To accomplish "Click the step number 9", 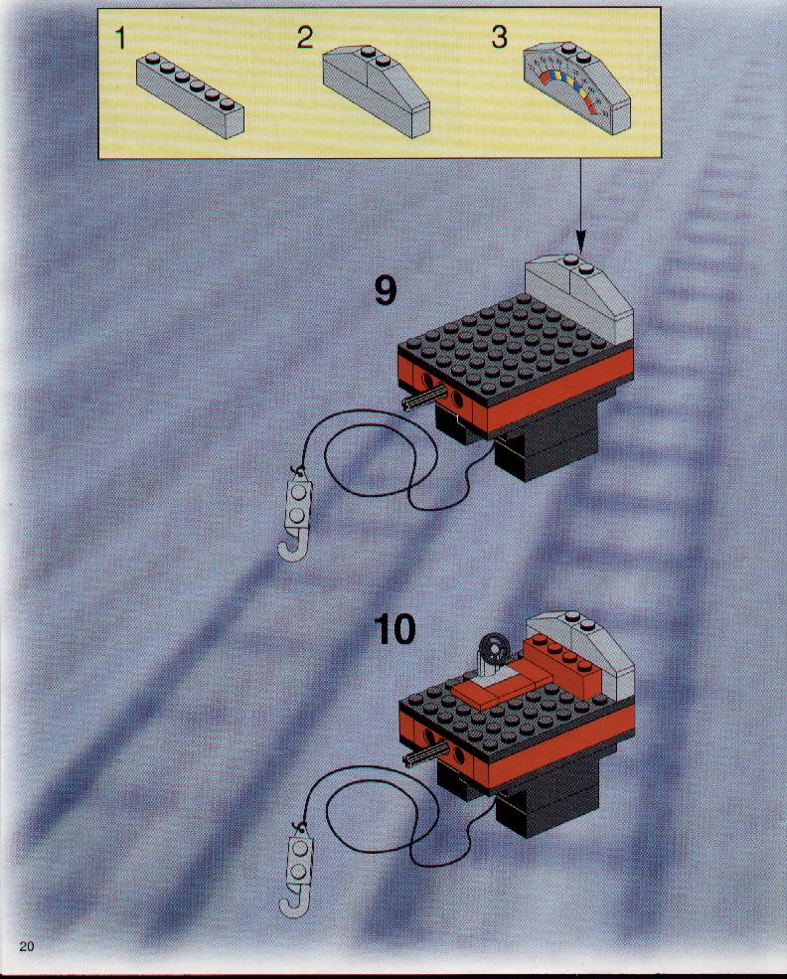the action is click(x=386, y=291).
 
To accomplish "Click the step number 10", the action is click(x=395, y=629).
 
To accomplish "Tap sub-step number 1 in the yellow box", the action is click(x=120, y=39).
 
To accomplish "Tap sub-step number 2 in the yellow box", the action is click(x=304, y=38).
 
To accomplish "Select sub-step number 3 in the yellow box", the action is click(x=499, y=37).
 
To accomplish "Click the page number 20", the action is click(x=27, y=946).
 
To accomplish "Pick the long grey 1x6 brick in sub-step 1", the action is click(x=191, y=94).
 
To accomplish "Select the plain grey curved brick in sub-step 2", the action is click(x=377, y=90).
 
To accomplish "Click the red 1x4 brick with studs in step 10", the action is click(x=561, y=666).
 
